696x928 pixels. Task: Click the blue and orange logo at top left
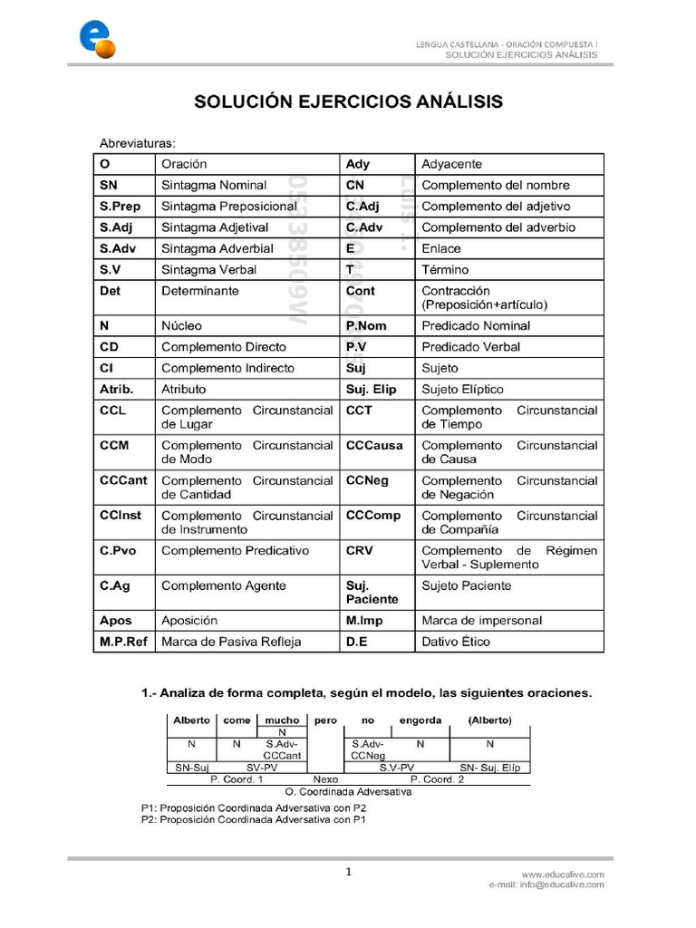click(x=96, y=37)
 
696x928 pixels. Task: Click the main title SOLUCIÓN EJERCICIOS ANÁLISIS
click(x=349, y=101)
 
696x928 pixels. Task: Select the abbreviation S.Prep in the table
click(x=121, y=206)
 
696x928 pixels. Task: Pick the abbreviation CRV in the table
click(x=360, y=550)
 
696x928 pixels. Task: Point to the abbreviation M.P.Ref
click(x=123, y=642)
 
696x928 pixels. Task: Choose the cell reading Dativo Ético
click(x=456, y=642)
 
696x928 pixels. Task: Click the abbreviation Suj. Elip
click(x=373, y=389)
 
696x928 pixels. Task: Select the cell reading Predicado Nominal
click(x=476, y=325)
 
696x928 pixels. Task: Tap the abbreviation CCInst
click(x=120, y=516)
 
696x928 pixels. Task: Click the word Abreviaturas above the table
click(x=137, y=143)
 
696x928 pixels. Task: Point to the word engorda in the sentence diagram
click(x=420, y=720)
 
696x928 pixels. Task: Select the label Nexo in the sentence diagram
click(x=325, y=778)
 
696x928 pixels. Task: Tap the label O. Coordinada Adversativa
click(x=348, y=790)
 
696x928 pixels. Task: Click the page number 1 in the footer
click(x=348, y=872)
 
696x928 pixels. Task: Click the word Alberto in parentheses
click(x=489, y=720)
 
